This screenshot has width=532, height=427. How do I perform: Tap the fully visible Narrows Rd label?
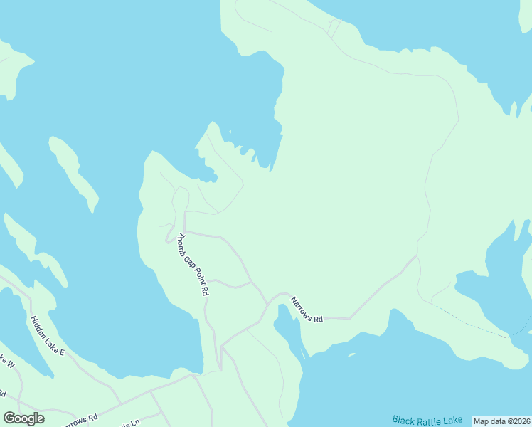[307, 310]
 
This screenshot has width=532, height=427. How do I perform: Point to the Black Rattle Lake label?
[427, 420]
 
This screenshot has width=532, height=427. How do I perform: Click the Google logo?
[24, 418]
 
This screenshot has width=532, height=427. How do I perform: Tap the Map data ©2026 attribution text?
[501, 421]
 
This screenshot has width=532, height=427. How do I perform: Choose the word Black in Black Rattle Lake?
[403, 419]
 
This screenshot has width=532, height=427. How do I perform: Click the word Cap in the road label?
[189, 259]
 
